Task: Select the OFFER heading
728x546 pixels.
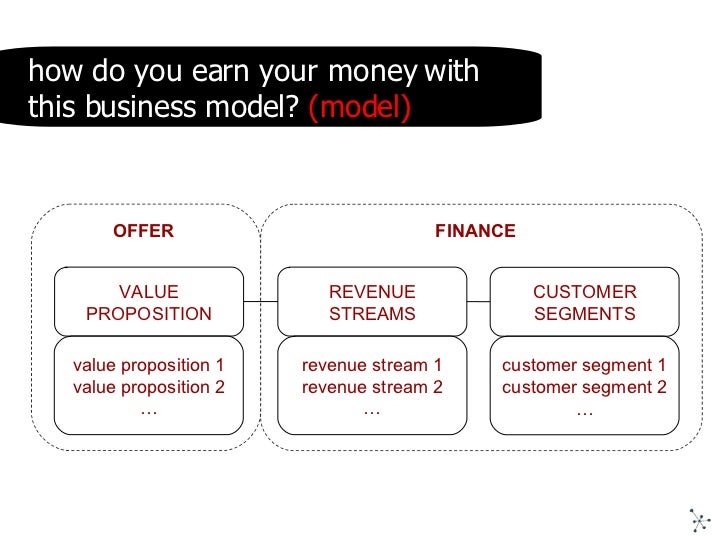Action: tap(143, 231)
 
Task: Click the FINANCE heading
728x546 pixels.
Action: tap(475, 231)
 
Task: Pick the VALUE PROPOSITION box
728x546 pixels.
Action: tap(149, 302)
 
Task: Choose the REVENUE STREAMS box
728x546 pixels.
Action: tap(372, 302)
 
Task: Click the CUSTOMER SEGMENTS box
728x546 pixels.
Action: tap(584, 302)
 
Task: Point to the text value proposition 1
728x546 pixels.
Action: tap(149, 365)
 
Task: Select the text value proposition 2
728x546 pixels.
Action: tap(149, 387)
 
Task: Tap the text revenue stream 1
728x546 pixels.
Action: tap(372, 365)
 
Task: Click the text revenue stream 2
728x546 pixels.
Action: tap(372, 387)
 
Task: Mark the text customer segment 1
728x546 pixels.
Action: tap(584, 365)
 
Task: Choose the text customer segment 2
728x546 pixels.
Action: tap(584, 387)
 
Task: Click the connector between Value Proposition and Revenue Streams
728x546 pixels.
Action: tap(260, 302)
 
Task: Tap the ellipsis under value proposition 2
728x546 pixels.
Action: tap(149, 409)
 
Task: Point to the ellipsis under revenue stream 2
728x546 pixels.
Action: tap(372, 409)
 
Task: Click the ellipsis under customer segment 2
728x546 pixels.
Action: tap(584, 409)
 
